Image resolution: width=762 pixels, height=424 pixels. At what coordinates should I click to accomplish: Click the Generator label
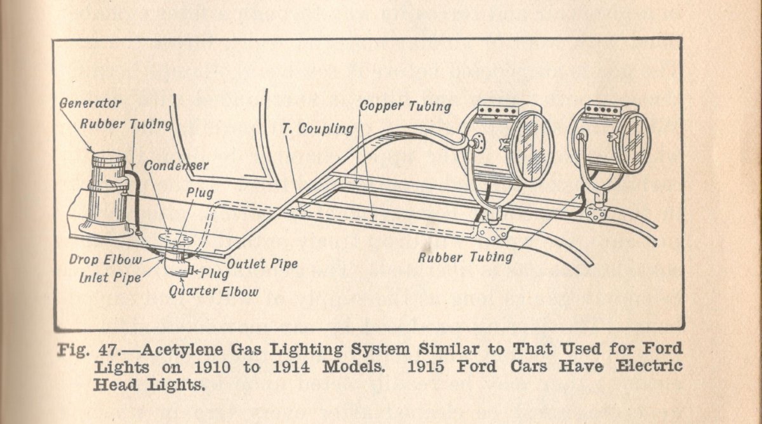tap(91, 103)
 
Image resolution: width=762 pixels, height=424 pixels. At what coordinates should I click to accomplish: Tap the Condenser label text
tap(176, 166)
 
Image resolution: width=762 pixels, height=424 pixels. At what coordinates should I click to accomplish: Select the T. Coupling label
tap(317, 129)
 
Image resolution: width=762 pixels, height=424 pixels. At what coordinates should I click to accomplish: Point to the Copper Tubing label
tap(406, 105)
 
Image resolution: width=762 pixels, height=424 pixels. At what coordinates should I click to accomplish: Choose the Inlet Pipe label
tap(110, 277)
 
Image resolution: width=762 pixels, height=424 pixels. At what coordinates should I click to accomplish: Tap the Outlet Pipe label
tap(262, 263)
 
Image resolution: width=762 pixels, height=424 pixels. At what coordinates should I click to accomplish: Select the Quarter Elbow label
tap(213, 291)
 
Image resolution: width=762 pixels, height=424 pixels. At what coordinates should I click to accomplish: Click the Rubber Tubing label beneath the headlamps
tap(465, 257)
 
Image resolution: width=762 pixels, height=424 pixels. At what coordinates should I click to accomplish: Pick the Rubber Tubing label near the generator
tap(126, 124)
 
